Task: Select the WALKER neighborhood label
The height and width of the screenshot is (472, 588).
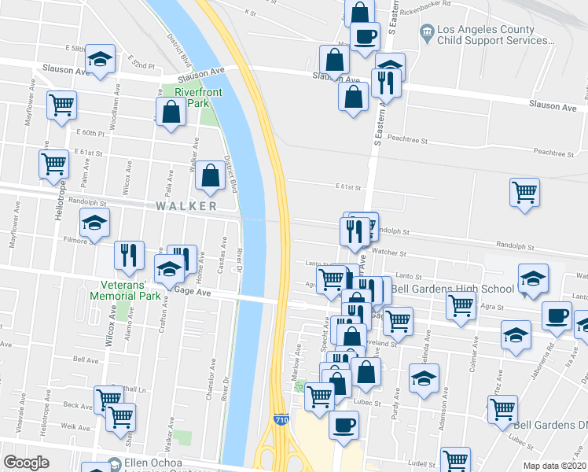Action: click(186, 206)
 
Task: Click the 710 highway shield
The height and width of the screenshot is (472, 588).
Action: click(281, 421)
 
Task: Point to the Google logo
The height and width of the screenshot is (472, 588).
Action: click(26, 463)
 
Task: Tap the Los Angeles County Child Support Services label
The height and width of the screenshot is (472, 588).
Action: click(486, 35)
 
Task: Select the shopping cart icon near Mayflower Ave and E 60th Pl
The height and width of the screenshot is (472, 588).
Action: click(61, 105)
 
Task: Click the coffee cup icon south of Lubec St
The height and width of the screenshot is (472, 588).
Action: click(344, 426)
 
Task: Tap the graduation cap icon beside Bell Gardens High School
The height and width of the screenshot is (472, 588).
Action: click(533, 278)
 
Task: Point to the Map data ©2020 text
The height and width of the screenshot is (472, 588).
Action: click(554, 466)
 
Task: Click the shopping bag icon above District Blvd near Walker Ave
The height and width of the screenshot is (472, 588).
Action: click(210, 177)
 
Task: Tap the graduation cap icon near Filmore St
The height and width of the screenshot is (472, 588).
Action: click(95, 223)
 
